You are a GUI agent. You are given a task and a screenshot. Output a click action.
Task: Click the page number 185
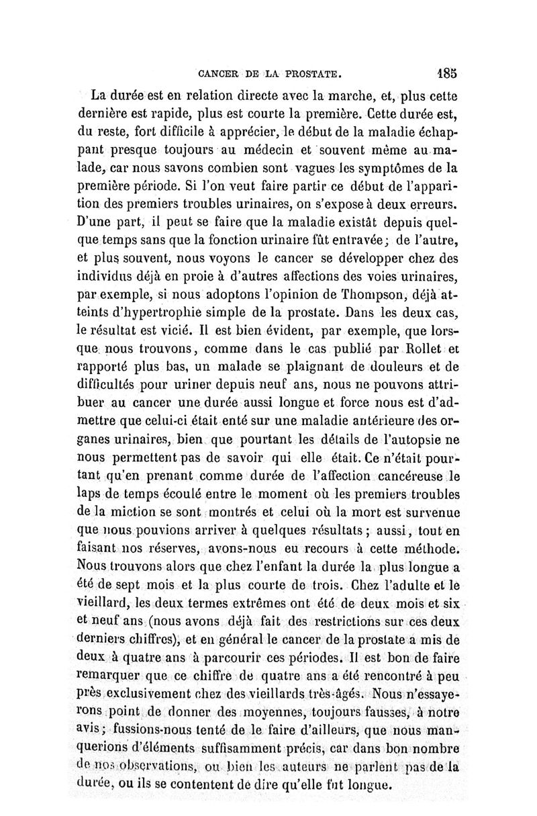click(446, 71)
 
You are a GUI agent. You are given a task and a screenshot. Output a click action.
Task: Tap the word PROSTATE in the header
click(310, 71)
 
